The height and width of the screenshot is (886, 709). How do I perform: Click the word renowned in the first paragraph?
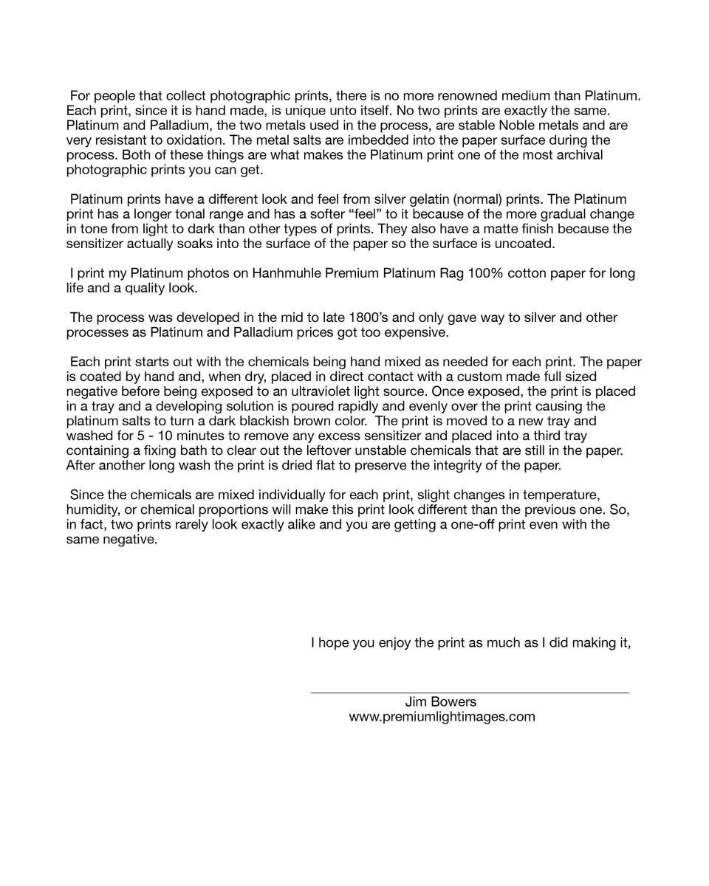[x=467, y=96]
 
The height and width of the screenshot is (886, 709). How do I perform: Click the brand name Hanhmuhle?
[x=287, y=273]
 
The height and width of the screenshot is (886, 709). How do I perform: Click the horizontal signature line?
[x=470, y=693]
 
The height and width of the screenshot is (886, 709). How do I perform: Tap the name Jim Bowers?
[x=441, y=701]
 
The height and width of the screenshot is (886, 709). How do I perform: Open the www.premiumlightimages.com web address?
[x=442, y=716]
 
